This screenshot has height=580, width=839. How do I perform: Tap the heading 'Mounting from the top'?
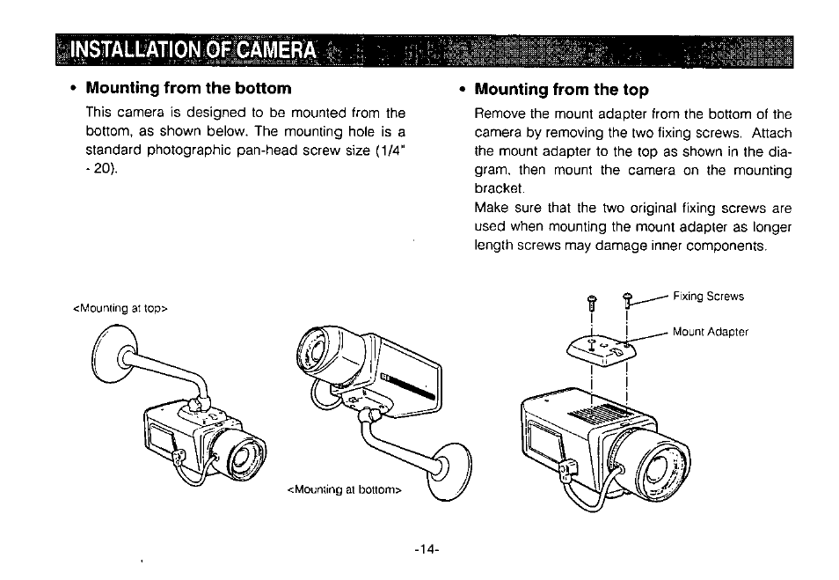click(x=561, y=89)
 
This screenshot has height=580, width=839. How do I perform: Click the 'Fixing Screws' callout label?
click(x=708, y=297)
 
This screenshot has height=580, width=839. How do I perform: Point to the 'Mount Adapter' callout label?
click(x=710, y=332)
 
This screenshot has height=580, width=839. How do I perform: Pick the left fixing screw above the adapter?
click(x=592, y=303)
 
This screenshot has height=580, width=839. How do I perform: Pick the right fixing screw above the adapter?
click(x=627, y=301)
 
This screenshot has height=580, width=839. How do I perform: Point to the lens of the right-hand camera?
click(x=660, y=471)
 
